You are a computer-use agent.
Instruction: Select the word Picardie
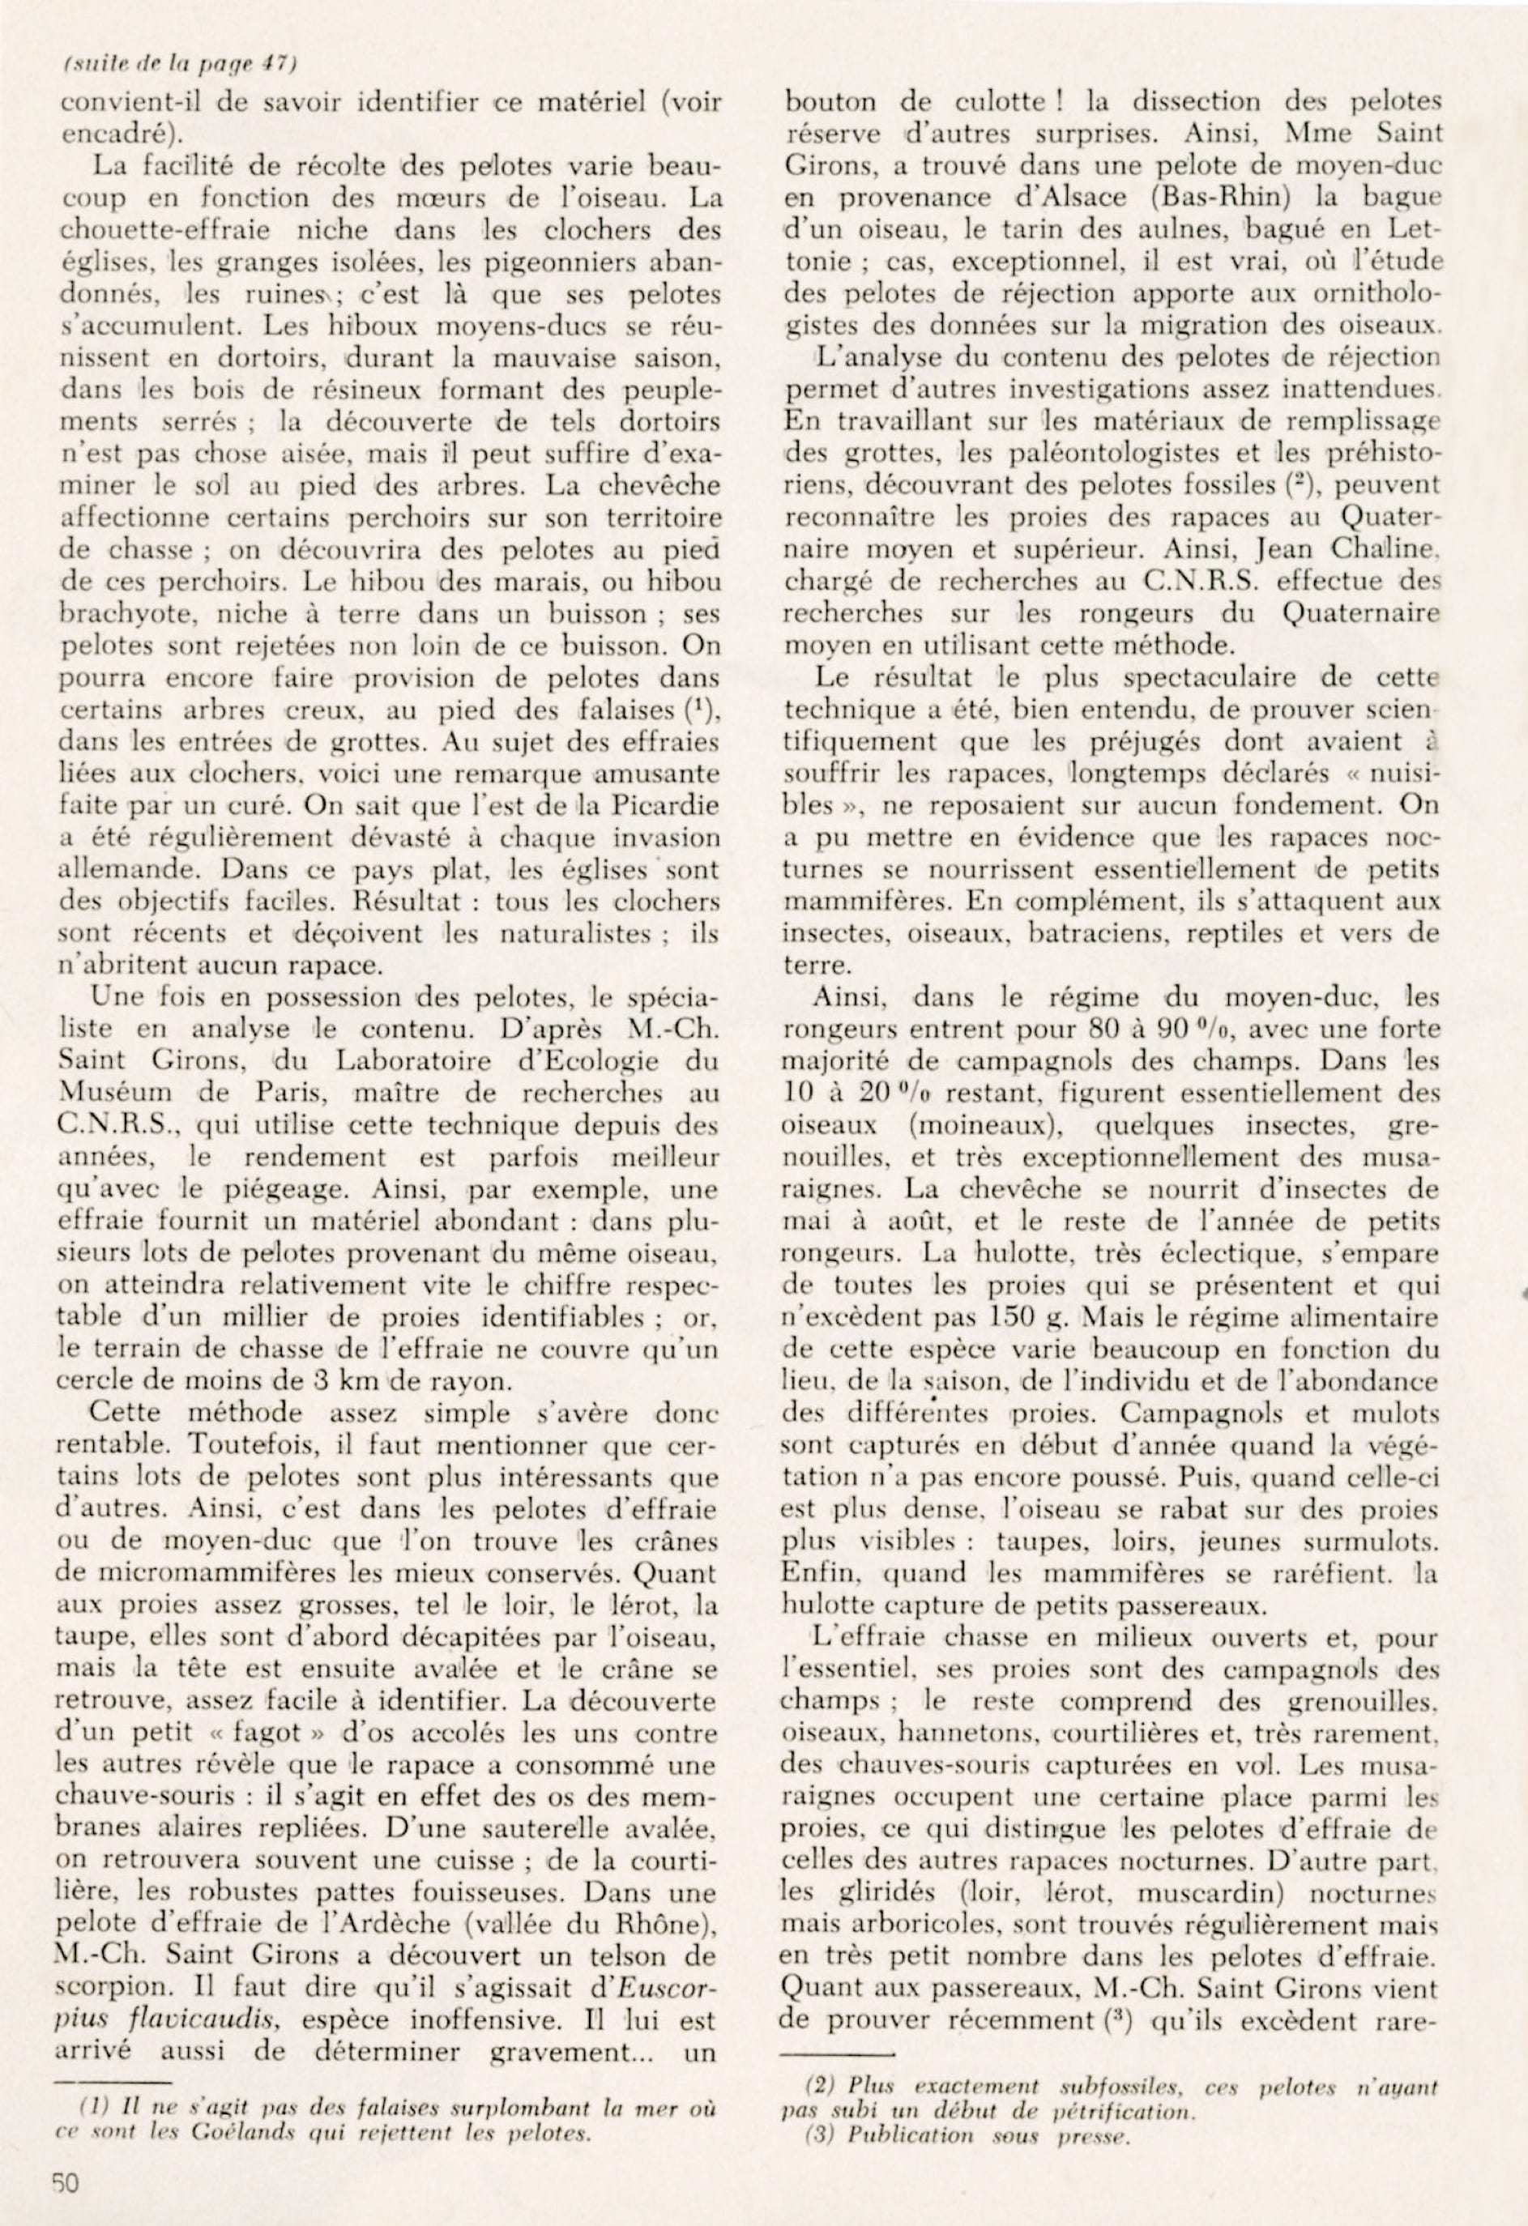click(x=661, y=805)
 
